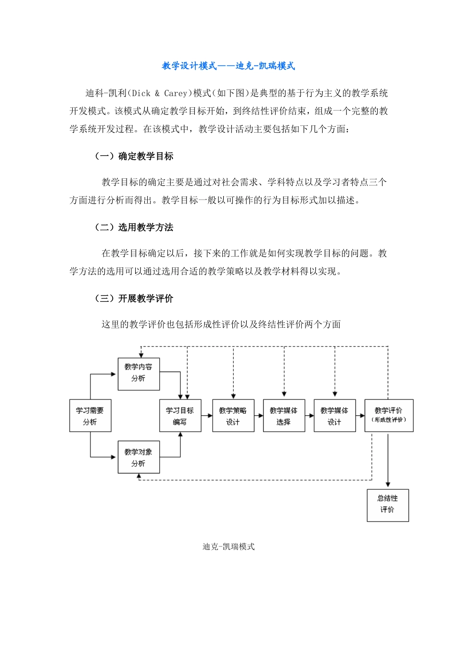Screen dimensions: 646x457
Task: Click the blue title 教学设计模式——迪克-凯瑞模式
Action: click(x=228, y=66)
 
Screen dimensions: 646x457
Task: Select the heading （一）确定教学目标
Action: click(x=134, y=156)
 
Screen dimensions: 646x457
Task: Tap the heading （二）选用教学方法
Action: click(x=134, y=227)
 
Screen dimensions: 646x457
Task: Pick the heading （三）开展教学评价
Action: click(x=134, y=298)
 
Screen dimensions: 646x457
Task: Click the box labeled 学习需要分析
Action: click(x=90, y=416)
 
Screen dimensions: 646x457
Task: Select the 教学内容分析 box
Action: click(x=139, y=373)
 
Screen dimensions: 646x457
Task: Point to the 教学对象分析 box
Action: click(x=139, y=458)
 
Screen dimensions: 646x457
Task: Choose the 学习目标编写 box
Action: click(x=180, y=416)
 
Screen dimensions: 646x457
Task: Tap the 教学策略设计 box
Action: click(x=233, y=416)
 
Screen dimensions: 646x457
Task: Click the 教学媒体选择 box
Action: click(x=284, y=416)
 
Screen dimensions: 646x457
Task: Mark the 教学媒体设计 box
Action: click(x=334, y=416)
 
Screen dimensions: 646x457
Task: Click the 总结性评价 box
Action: click(x=388, y=504)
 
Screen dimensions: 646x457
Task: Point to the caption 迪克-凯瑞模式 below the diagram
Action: click(x=228, y=547)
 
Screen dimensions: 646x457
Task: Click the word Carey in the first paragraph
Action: click(x=175, y=93)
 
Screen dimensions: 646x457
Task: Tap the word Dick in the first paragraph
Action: click(x=141, y=93)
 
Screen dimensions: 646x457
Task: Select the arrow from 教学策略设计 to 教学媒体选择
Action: click(x=259, y=416)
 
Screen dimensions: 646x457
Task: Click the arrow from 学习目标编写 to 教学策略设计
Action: click(x=207, y=416)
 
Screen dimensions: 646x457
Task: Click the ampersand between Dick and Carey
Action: click(x=157, y=93)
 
